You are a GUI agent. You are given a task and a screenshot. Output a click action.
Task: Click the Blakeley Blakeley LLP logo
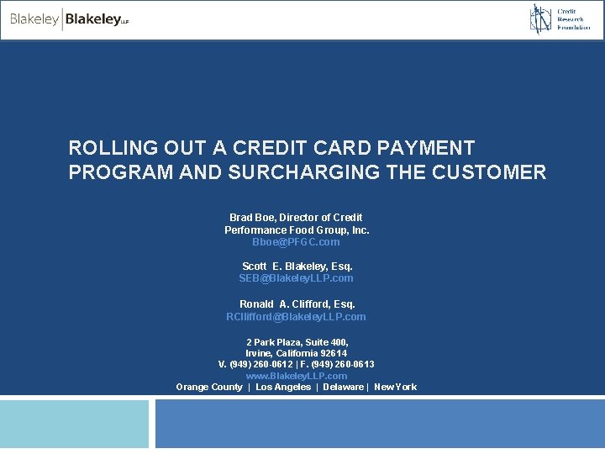coord(69,19)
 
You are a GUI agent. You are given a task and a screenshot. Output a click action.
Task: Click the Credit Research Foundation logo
coord(560,19)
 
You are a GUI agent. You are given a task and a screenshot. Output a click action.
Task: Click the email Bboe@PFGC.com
coord(296,242)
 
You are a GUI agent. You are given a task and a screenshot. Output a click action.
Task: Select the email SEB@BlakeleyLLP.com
coord(296,278)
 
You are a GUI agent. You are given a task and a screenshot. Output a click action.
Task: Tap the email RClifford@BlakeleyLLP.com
coord(296,317)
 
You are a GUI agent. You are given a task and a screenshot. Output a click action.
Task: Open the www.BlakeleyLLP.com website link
coord(296,376)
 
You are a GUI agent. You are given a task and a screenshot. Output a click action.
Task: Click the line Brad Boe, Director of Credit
coord(296,218)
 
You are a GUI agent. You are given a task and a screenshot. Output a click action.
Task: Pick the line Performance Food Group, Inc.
coord(296,230)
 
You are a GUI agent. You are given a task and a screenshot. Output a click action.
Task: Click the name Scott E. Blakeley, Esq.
coord(296,267)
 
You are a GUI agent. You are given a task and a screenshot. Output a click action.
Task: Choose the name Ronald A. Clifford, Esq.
coord(297,304)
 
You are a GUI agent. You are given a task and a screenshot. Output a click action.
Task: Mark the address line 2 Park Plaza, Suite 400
coord(297,343)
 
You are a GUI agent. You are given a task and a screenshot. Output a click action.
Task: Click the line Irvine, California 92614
coord(296,354)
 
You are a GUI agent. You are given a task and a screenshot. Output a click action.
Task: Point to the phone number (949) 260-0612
coord(260,365)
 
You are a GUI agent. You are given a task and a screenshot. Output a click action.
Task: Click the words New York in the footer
coord(395,388)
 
